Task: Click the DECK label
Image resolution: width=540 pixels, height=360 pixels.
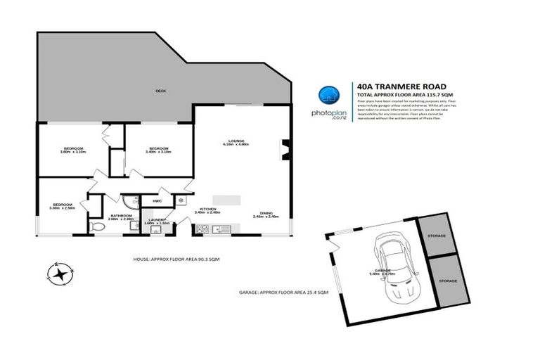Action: (160, 91)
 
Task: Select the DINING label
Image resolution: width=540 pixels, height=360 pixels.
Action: (266, 212)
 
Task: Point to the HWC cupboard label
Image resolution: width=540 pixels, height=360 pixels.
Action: (157, 201)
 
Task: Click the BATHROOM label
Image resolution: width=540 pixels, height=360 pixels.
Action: (122, 217)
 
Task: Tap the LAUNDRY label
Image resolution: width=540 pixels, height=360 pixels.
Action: (157, 221)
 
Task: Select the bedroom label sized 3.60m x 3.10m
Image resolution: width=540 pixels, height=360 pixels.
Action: (73, 150)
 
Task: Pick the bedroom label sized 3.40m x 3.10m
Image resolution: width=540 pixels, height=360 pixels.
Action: (158, 150)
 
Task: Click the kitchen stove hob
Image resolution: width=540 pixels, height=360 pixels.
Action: (202, 228)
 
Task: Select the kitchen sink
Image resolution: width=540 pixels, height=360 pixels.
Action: (219, 228)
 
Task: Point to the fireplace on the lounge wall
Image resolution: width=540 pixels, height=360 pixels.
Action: (285, 150)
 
